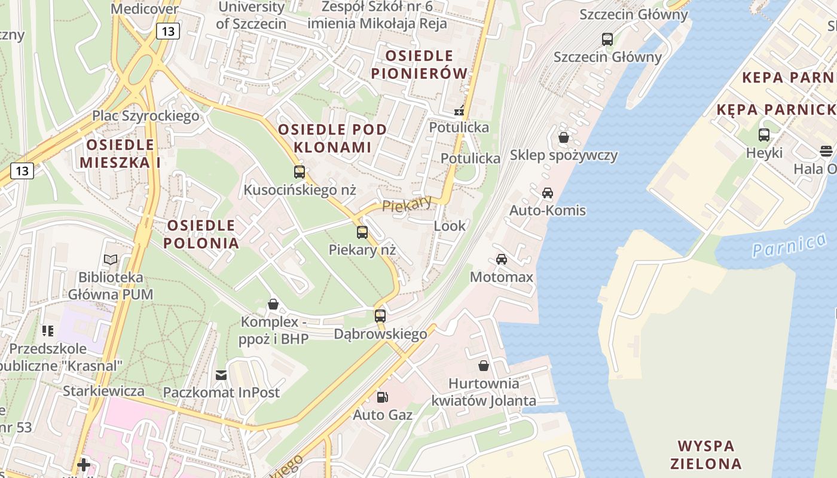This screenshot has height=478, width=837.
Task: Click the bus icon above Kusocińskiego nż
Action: pyautogui.click(x=300, y=172)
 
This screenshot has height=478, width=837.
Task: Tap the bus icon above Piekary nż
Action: pyautogui.click(x=362, y=232)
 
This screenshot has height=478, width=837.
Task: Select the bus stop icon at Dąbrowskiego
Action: pyautogui.click(x=380, y=315)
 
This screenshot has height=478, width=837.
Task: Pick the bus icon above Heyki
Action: pyautogui.click(x=764, y=134)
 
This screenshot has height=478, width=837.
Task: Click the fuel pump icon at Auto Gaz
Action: pyautogui.click(x=382, y=396)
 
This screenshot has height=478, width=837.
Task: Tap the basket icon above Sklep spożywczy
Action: pyautogui.click(x=563, y=137)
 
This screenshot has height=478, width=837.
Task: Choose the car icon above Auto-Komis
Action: pyautogui.click(x=547, y=192)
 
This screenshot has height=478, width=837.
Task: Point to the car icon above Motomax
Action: pyautogui.click(x=502, y=259)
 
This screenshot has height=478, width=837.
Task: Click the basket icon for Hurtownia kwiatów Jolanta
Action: pyautogui.click(x=484, y=365)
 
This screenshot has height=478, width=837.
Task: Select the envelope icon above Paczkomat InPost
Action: pyautogui.click(x=221, y=375)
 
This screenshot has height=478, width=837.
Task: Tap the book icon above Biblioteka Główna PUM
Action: pyautogui.click(x=110, y=259)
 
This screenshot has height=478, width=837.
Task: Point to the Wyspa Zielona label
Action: pyautogui.click(x=705, y=455)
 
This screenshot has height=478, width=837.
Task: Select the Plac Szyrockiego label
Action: pyautogui.click(x=145, y=115)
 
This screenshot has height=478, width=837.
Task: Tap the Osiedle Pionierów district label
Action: pyautogui.click(x=419, y=65)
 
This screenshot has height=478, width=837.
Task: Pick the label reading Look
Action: pyautogui.click(x=450, y=226)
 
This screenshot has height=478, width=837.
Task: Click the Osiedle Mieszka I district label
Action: pyautogui.click(x=120, y=154)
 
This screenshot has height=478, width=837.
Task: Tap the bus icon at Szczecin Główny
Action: pyautogui.click(x=607, y=39)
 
